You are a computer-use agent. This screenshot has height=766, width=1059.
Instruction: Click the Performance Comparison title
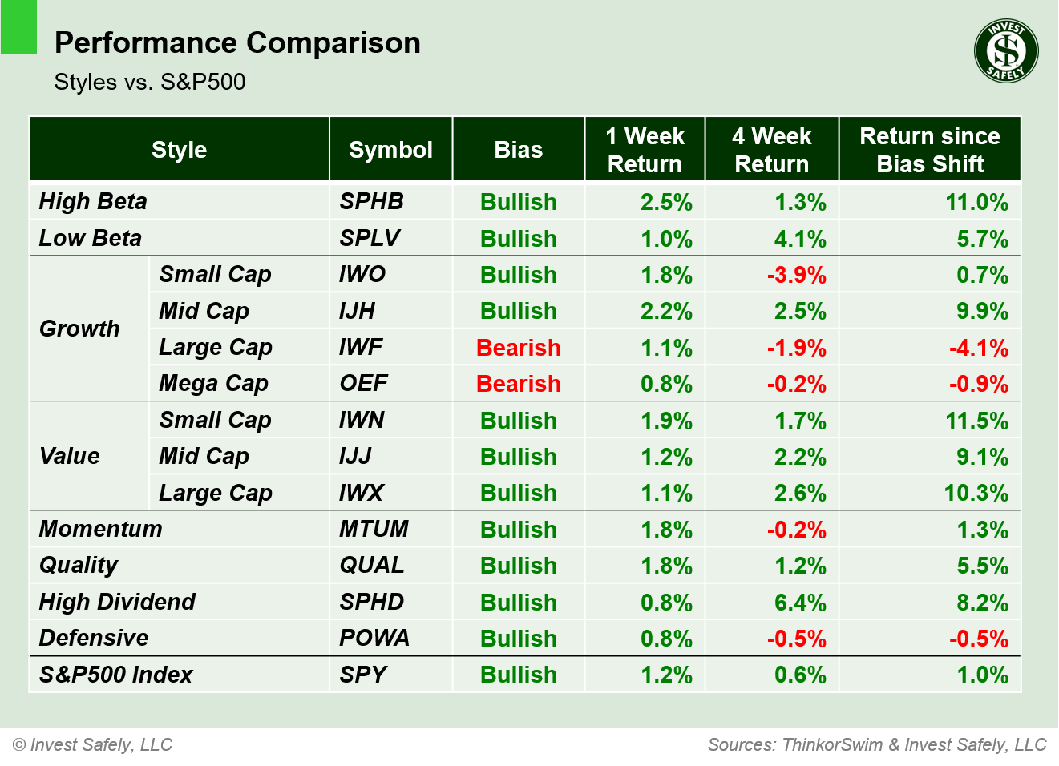[237, 43]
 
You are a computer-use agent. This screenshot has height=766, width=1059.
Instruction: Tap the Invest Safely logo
[1006, 51]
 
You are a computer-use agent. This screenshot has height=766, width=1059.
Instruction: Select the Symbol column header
[390, 150]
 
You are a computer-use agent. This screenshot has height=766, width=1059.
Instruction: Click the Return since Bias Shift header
[929, 150]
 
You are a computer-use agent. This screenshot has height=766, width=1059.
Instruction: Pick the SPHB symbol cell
[371, 201]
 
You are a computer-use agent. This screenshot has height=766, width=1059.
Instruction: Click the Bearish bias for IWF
[518, 348]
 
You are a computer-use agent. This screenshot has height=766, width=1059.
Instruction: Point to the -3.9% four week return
[796, 275]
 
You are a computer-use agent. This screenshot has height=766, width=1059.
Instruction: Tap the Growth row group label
[79, 329]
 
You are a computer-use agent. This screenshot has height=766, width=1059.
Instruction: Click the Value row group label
[70, 456]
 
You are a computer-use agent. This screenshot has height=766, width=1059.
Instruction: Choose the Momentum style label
[101, 529]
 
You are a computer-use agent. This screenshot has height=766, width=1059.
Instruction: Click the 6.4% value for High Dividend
[799, 603]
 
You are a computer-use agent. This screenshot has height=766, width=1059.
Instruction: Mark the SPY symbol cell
[363, 675]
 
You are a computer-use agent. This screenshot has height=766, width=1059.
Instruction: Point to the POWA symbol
[374, 638]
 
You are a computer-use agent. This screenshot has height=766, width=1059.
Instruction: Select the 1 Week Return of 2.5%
[665, 202]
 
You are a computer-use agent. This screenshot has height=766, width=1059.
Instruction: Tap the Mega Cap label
[213, 384]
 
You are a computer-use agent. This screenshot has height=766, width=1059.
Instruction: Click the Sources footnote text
[877, 744]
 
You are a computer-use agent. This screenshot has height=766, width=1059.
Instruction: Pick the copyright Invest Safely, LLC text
[93, 744]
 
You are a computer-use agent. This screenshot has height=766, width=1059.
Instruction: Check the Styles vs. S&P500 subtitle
[150, 82]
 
